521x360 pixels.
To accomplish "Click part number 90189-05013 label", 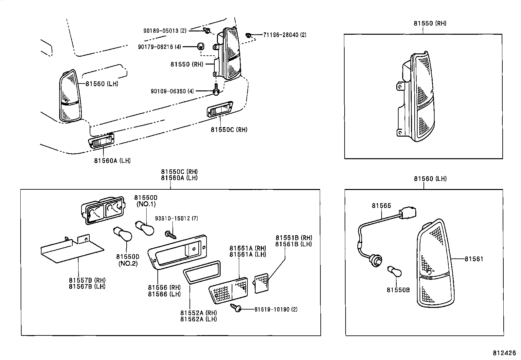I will tap(165, 31).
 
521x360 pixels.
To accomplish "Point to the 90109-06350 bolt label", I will tap(172, 91).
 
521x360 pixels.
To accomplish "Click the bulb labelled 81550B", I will tap(395, 272).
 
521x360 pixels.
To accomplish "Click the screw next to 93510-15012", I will tap(171, 235).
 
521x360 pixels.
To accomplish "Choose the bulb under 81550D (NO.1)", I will tap(145, 227).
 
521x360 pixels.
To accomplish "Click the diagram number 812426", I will tap(504, 353).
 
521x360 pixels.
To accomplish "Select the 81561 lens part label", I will tap(474, 259).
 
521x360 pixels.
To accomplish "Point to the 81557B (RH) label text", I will tap(87, 280).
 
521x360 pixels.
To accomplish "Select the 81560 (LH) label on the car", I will tap(102, 84).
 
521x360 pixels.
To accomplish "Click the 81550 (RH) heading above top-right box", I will tap(430, 23).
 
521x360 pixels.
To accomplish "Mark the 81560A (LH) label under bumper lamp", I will tap(112, 161).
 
